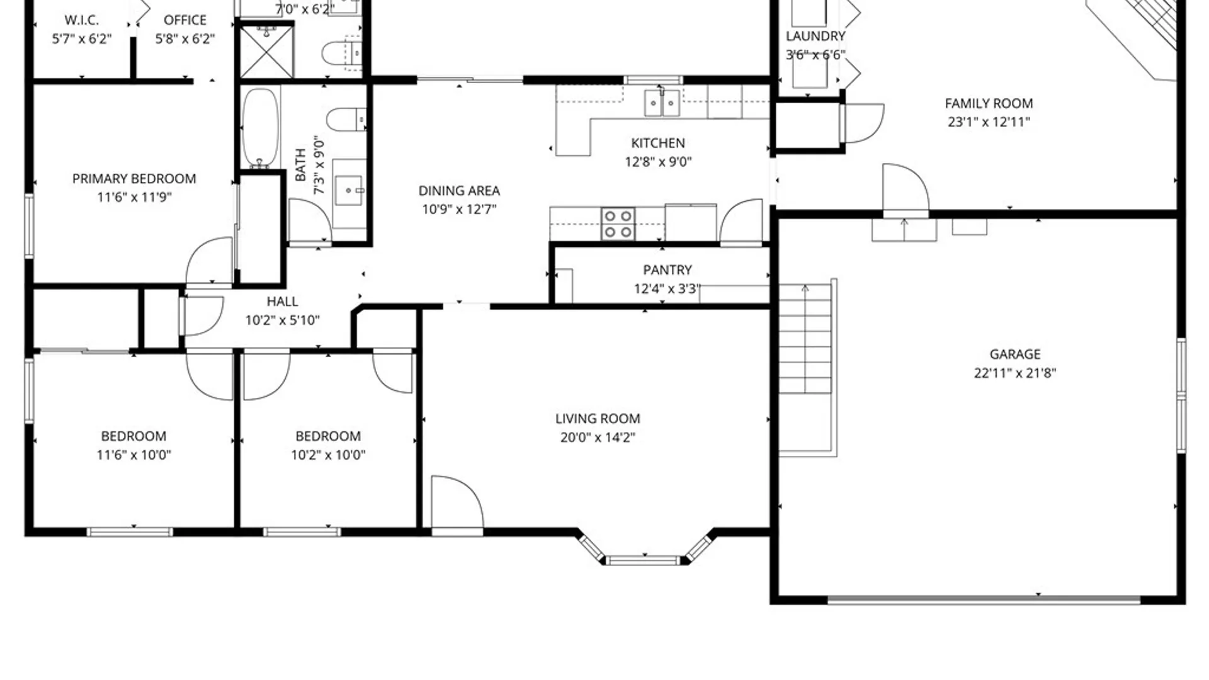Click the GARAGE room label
pos(1014,354)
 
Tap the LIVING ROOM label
pos(598,419)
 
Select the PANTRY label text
pos(667,270)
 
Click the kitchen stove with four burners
pos(618,224)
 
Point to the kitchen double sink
pos(662,103)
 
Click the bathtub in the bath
pos(260,127)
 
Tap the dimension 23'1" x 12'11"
pos(989,122)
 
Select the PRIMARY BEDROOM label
pos(134,179)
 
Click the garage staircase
pos(806,339)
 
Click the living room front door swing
pos(457,502)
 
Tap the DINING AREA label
pos(459,191)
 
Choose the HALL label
pos(282,302)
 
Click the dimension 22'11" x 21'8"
pos(1014,373)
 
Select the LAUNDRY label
pos(815,37)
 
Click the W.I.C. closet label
pos(82,20)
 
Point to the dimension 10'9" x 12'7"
pos(459,209)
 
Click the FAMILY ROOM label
pos(989,103)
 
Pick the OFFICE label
pos(185,20)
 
